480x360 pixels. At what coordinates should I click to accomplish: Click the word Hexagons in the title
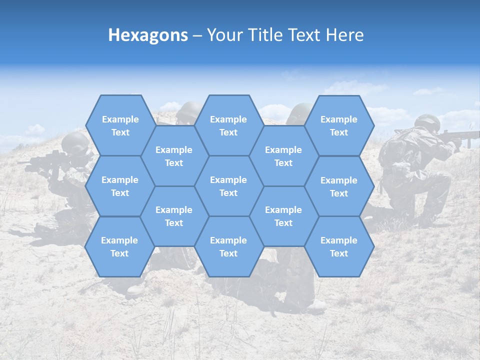point(148,35)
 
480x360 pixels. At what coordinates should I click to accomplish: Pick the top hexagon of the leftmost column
point(120,125)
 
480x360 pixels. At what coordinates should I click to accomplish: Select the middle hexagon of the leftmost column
point(120,186)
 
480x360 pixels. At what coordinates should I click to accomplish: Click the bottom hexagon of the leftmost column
point(119,246)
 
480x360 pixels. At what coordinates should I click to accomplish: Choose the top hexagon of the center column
point(228,125)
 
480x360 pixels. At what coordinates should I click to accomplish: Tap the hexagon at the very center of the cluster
point(228,186)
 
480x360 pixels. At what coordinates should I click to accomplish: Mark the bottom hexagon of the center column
point(228,246)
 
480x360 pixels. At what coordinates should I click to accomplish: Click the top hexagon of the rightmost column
point(339,125)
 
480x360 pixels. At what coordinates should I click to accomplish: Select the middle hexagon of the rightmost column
point(339,186)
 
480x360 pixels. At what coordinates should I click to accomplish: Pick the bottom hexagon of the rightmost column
point(339,246)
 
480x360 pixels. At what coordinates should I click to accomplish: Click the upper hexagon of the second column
point(174,156)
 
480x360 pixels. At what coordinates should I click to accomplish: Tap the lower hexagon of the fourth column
point(283,216)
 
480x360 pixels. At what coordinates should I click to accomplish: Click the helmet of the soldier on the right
point(427,121)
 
